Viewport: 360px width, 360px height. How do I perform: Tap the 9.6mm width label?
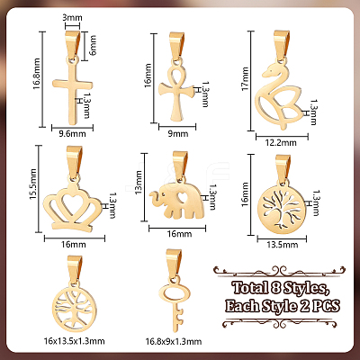point(72,134)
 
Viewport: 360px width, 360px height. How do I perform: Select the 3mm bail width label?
point(72,18)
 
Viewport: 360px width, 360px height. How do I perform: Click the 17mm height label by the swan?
point(245,79)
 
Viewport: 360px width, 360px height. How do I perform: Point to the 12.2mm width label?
point(282,143)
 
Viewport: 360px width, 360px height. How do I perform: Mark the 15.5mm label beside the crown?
point(32,184)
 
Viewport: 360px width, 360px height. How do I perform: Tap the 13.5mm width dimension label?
point(283,245)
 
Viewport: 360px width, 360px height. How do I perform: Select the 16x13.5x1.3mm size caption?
point(74,341)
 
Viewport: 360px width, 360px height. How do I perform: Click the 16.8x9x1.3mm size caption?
point(174,341)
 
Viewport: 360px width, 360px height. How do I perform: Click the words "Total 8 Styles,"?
point(281,289)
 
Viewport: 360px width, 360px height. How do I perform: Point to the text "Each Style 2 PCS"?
point(283,307)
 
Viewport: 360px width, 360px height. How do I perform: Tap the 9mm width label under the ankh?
point(178,134)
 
